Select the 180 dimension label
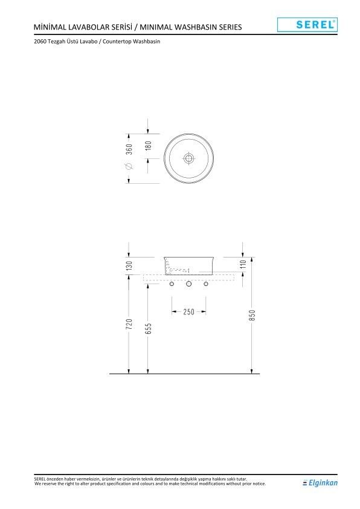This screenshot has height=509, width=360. click(149, 146)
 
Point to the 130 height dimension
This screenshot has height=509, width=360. click(129, 265)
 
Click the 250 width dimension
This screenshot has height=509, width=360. click(188, 312)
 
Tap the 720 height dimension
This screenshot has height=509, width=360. click(129, 325)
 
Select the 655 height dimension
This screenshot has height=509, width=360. click(149, 328)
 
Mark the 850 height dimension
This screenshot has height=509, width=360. click(252, 316)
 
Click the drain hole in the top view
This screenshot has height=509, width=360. click(188, 158)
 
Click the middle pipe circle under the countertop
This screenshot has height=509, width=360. click(188, 284)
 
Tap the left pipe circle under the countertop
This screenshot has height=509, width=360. click(172, 284)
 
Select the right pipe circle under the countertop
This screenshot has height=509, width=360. click(205, 284)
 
